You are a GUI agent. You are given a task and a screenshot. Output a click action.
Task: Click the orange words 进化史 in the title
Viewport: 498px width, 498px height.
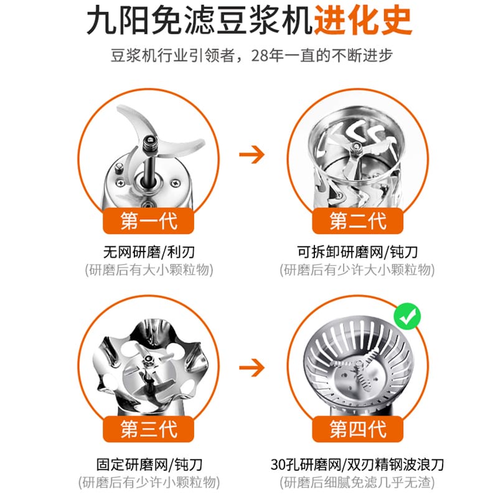pos(363,21)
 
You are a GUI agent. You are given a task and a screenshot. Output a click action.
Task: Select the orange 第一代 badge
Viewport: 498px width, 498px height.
pos(148,221)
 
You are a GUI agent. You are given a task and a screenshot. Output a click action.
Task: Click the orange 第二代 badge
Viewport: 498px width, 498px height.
pos(357,221)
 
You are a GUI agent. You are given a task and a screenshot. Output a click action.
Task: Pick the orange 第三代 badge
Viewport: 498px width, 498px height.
pos(148,429)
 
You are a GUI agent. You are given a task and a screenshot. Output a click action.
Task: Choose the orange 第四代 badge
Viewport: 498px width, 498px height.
pos(357,429)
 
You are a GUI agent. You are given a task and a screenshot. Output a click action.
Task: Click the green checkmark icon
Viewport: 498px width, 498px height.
pos(407,317)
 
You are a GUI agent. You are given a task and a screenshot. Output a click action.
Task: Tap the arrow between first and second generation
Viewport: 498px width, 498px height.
pos(252,154)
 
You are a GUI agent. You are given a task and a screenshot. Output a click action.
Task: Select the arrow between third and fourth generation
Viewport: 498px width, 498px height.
pos(252,368)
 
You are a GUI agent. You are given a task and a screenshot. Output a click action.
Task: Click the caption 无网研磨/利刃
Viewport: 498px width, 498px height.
pos(149,253)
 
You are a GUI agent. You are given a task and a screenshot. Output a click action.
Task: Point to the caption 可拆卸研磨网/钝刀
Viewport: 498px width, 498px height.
pos(357,253)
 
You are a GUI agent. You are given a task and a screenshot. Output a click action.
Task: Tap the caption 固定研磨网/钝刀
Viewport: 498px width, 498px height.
pos(149,464)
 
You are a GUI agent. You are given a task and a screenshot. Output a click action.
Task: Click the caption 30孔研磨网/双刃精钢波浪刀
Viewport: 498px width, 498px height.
pos(357,464)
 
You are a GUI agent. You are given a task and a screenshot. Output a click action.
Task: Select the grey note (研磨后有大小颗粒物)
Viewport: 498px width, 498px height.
pos(149,270)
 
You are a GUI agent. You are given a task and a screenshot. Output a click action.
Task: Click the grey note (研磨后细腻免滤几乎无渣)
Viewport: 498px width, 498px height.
pos(357,482)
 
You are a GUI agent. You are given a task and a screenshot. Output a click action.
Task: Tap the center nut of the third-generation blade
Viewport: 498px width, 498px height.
pos(148,360)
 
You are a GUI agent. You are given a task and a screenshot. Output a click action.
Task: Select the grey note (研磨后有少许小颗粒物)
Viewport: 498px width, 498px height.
pos(149,482)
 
